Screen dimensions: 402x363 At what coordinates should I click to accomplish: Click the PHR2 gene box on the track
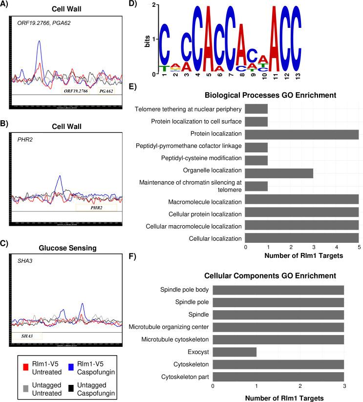(96, 207)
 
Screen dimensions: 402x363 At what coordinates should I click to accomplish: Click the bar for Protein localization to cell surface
(256, 122)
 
